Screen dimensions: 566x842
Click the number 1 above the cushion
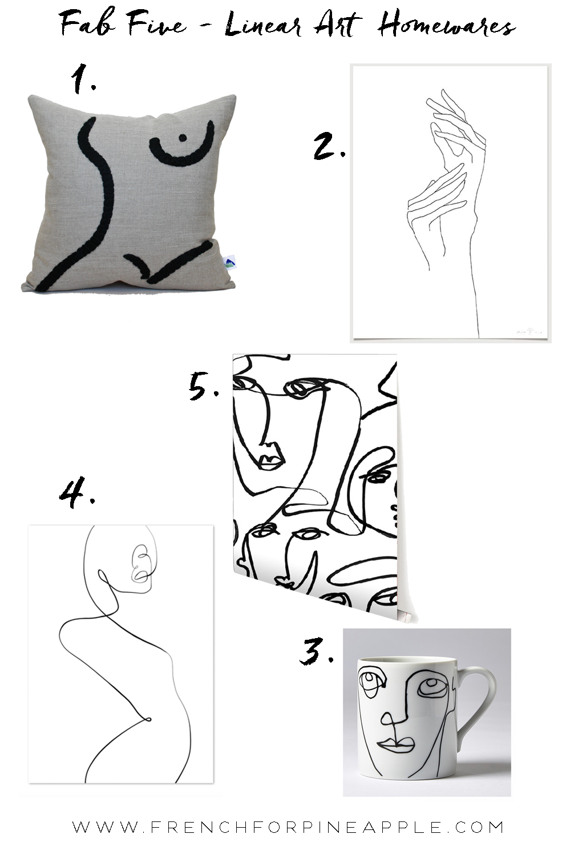(83, 79)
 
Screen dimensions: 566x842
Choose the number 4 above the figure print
(77, 492)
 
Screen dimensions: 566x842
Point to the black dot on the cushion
(183, 137)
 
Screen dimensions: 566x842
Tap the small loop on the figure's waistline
(148, 719)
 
